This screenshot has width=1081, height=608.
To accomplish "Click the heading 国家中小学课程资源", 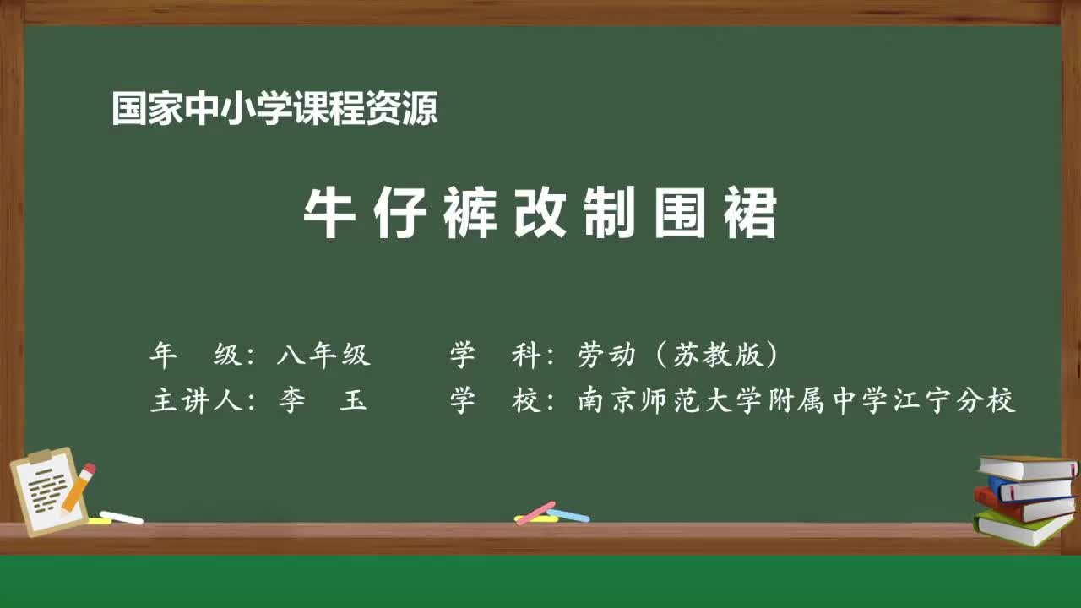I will click(x=274, y=110).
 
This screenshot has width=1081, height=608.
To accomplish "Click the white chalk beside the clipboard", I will click(x=121, y=517).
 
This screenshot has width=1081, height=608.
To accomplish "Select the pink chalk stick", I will click(x=535, y=512).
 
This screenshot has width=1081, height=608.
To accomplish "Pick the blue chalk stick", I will click(x=568, y=514).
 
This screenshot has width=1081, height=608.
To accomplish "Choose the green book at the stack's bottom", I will click(x=1022, y=527).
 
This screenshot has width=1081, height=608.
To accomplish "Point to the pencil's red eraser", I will click(x=89, y=469).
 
